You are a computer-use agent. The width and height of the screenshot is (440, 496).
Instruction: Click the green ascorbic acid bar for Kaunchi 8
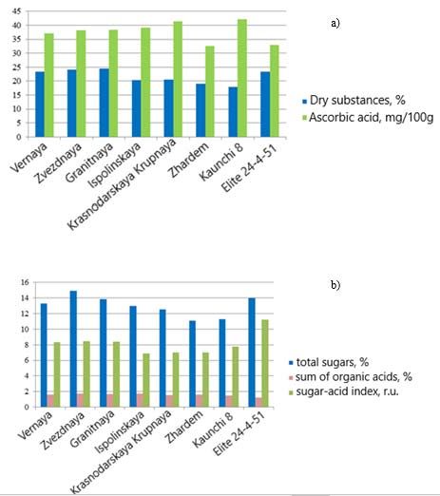(242, 78)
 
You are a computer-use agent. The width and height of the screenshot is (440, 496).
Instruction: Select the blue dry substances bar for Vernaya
(40, 105)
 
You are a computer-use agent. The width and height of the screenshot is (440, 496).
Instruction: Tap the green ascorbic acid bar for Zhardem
(210, 91)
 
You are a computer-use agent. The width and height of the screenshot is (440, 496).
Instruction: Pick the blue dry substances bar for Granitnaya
(105, 103)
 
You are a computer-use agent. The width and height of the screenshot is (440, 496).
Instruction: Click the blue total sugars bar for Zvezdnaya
(73, 349)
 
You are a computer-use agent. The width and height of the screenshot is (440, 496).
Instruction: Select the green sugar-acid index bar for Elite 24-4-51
(265, 363)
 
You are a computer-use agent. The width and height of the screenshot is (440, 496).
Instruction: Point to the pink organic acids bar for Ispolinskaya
(140, 400)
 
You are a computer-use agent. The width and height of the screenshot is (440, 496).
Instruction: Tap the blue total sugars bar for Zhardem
(192, 364)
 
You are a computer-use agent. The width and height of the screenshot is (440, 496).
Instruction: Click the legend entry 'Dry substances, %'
(354, 101)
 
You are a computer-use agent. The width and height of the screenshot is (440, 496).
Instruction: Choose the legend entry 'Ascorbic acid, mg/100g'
(368, 118)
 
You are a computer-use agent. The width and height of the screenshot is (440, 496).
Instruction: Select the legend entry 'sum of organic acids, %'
(351, 377)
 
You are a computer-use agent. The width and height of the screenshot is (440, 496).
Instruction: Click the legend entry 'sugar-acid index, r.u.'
(344, 391)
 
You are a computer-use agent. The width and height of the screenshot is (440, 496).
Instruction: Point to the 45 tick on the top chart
(16, 11)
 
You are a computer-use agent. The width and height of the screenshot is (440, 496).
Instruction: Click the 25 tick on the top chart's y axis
(16, 67)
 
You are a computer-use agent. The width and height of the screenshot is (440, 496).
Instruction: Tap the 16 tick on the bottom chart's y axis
(25, 282)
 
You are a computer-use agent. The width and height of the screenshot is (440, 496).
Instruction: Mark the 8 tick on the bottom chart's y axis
(27, 345)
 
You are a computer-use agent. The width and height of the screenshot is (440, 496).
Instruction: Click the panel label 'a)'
(335, 23)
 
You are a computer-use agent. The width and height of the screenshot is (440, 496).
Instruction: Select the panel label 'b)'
(335, 284)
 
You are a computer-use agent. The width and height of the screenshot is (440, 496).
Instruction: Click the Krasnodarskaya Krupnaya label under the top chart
(122, 184)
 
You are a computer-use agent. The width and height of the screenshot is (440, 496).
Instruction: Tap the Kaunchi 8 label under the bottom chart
(213, 429)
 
